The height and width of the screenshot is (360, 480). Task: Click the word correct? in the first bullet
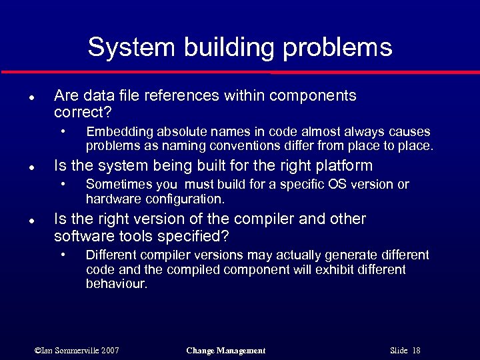[82, 111]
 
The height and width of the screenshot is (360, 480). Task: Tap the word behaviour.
[116, 283]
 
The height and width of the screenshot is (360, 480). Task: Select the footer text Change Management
[226, 351]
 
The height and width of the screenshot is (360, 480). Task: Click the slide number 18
[416, 351]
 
